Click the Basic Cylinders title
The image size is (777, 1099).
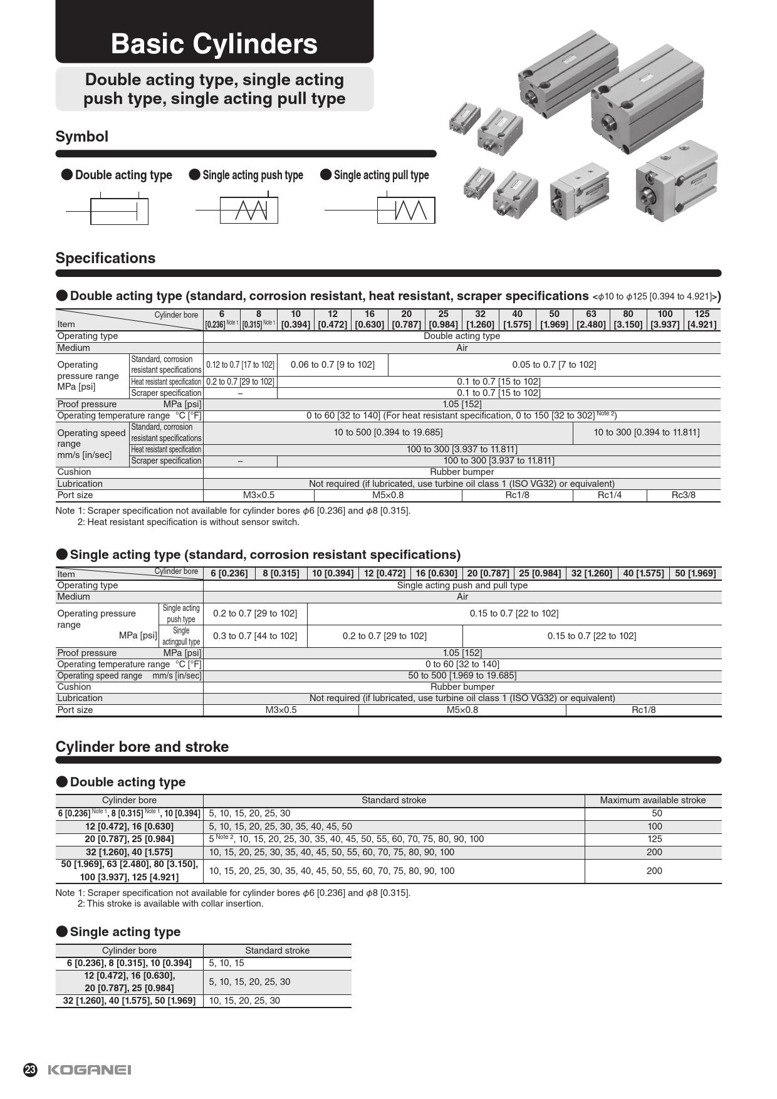click(214, 44)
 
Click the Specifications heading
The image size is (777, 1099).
click(105, 258)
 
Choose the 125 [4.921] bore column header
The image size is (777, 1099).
click(702, 319)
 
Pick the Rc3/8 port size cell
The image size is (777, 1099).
click(683, 495)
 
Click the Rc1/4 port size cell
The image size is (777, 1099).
click(609, 495)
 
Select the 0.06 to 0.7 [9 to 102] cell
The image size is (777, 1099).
click(332, 365)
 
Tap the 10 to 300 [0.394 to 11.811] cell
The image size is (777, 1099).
click(646, 432)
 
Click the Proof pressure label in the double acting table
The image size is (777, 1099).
click(87, 404)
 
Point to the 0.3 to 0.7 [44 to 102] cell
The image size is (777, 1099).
click(255, 636)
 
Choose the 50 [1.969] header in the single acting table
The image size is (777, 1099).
click(695, 573)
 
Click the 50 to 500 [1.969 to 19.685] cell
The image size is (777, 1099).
click(462, 675)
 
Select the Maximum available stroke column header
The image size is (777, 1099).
click(652, 800)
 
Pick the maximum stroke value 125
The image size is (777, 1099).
click(654, 839)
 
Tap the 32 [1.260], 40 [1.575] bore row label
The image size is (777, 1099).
click(129, 852)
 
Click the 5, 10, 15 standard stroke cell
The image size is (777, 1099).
click(227, 963)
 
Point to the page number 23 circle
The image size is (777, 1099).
click(30, 1070)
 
